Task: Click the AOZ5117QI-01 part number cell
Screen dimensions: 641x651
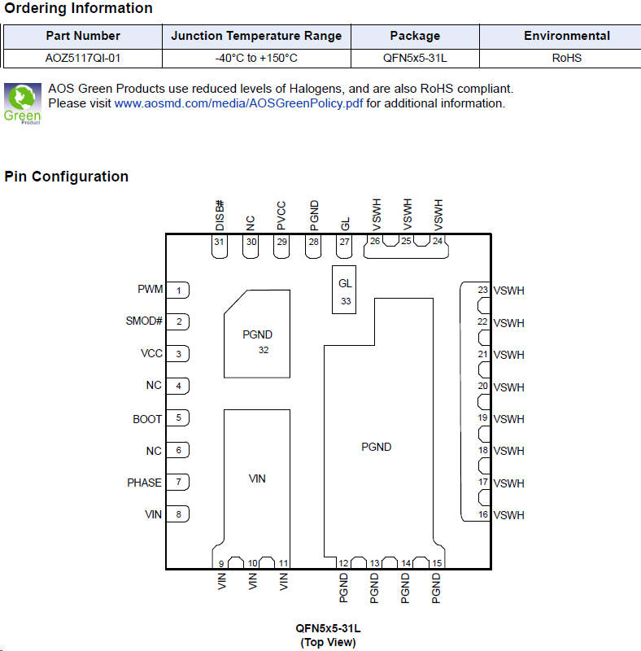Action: [83, 58]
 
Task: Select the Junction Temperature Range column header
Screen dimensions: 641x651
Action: [256, 36]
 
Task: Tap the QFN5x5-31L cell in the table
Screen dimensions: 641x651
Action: [415, 58]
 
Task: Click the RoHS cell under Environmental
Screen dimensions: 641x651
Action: [567, 58]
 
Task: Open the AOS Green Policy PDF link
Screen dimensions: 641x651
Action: [238, 103]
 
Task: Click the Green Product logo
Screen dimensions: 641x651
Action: [23, 104]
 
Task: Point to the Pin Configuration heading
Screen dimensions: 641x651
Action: [67, 177]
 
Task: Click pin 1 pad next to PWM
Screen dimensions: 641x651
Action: [177, 291]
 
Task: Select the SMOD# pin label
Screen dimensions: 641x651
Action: [144, 321]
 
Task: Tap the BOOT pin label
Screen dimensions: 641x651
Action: [147, 419]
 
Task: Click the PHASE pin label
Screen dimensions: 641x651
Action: [144, 483]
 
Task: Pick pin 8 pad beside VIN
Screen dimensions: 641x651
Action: [177, 514]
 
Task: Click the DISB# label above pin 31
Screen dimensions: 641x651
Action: [220, 216]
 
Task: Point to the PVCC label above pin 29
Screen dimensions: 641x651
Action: [281, 216]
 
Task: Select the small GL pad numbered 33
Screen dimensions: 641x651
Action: [344, 290]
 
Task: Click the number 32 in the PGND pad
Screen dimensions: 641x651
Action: [264, 351]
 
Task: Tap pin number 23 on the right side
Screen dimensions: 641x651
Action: [482, 290]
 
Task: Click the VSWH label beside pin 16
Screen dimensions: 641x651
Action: [508, 515]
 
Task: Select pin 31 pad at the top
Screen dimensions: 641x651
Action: [219, 247]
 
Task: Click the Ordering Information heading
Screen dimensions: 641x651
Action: [78, 8]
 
